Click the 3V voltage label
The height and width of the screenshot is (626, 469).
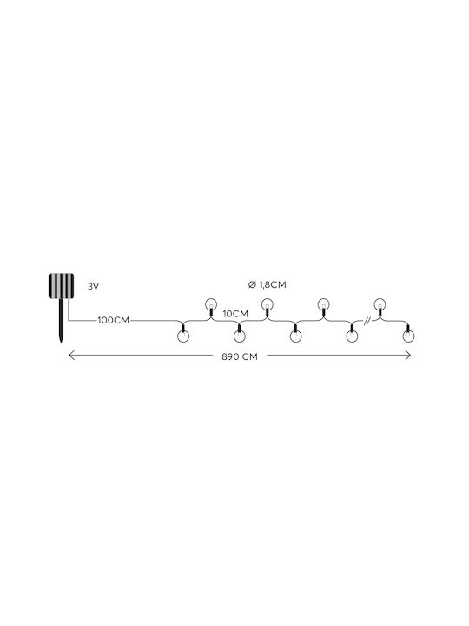tap(93, 286)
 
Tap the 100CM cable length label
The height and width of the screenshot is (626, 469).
tap(114, 320)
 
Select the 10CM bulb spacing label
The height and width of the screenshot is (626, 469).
tap(235, 314)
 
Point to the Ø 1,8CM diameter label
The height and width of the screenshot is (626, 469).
tap(267, 284)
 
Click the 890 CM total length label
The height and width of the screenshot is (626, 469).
tap(240, 356)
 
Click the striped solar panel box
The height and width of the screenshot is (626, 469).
tap(61, 286)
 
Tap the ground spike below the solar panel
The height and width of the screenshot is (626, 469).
tap(61, 321)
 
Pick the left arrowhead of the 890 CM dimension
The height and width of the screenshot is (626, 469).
tap(72, 355)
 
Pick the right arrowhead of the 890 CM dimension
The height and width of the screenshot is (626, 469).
tap(407, 355)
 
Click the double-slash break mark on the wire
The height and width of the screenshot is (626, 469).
tap(367, 320)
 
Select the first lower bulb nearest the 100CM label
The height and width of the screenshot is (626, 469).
tap(182, 335)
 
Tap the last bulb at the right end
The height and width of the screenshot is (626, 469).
tap(408, 335)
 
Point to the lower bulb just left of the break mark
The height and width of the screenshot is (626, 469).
tap(352, 335)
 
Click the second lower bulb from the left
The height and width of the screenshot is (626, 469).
tap(239, 335)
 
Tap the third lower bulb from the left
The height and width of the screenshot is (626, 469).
tap(295, 335)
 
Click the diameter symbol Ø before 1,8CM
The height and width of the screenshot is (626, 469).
tap(251, 284)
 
